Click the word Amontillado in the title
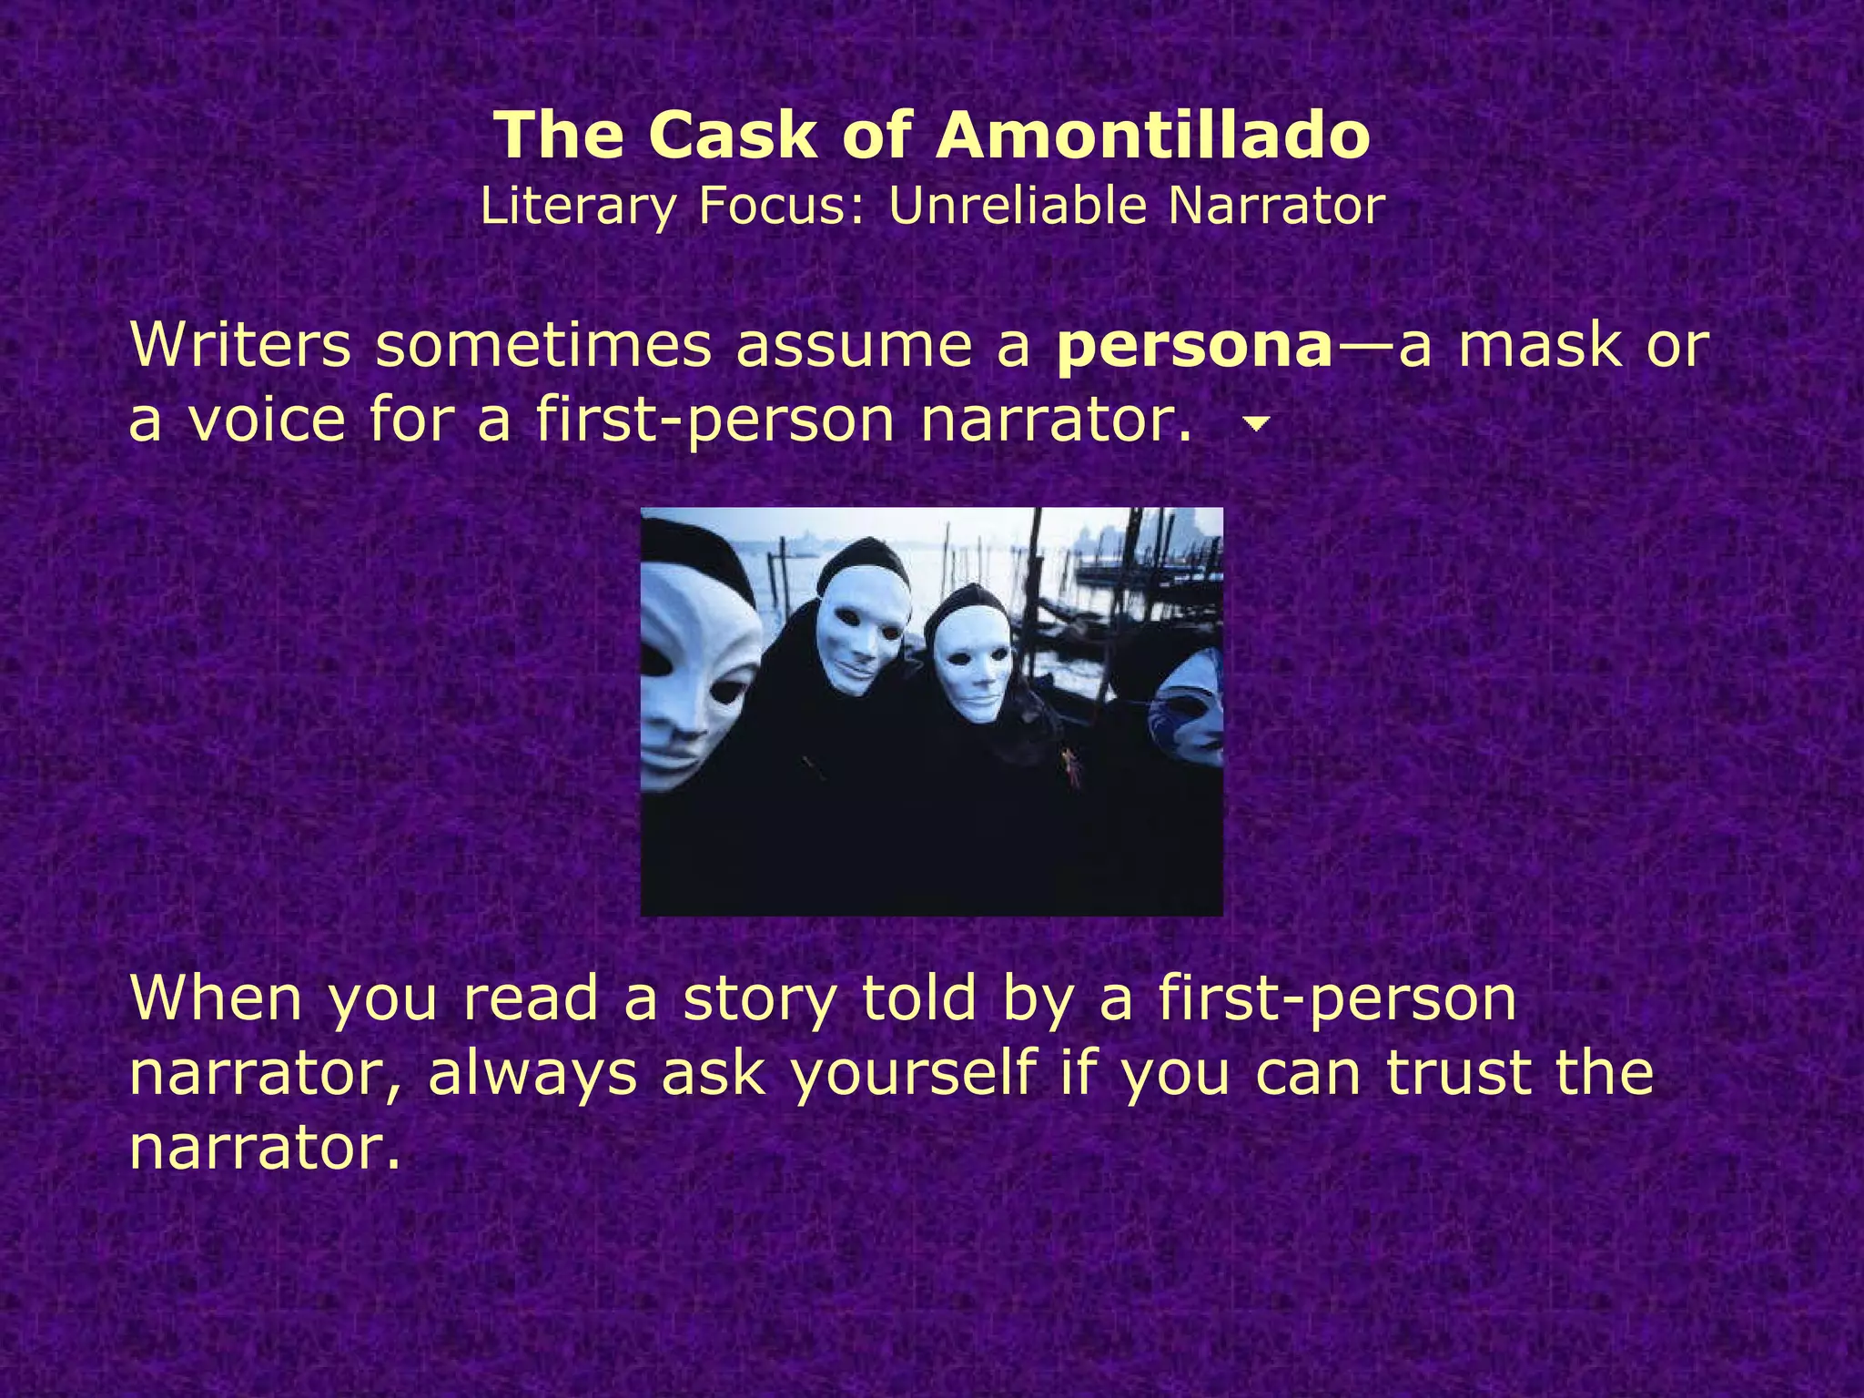point(1153,135)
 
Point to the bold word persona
point(1194,346)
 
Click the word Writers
point(240,346)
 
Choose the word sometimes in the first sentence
point(543,346)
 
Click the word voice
point(267,420)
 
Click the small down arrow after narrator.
point(1257,423)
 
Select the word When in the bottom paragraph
point(216,998)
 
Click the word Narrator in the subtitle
point(1276,206)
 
